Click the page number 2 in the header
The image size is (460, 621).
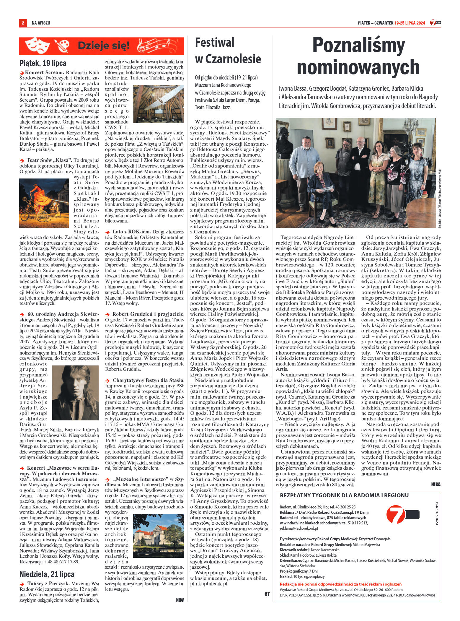tap(23, 23)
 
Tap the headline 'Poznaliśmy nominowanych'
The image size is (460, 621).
tap(358, 56)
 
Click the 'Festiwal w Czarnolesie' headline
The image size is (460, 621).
tap(228, 51)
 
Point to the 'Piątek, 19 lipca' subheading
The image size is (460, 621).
tap(43, 63)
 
